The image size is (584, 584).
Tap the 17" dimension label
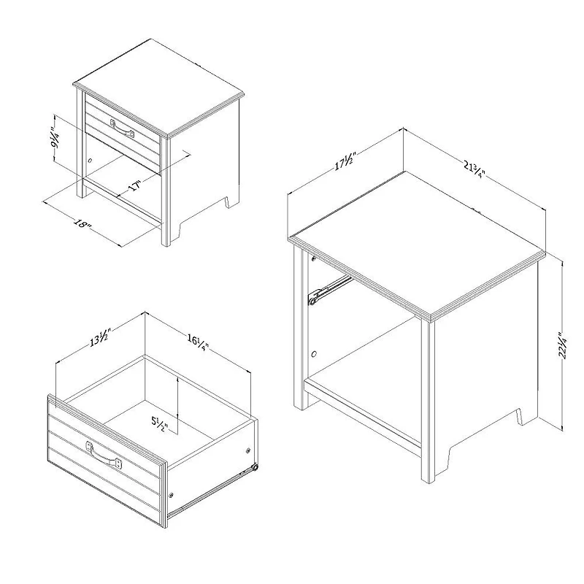click(x=136, y=185)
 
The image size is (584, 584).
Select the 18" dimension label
click(x=82, y=224)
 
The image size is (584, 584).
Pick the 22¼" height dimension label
click(x=562, y=345)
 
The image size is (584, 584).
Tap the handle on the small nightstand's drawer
click(x=122, y=128)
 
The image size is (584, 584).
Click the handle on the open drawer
click(x=104, y=456)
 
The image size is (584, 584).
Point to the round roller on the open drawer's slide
click(x=255, y=468)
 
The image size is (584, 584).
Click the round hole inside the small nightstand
click(x=90, y=161)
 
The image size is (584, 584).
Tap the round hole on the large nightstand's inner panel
click(x=314, y=353)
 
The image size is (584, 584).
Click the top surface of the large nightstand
click(x=416, y=244)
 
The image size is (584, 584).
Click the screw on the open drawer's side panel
click(x=248, y=451)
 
